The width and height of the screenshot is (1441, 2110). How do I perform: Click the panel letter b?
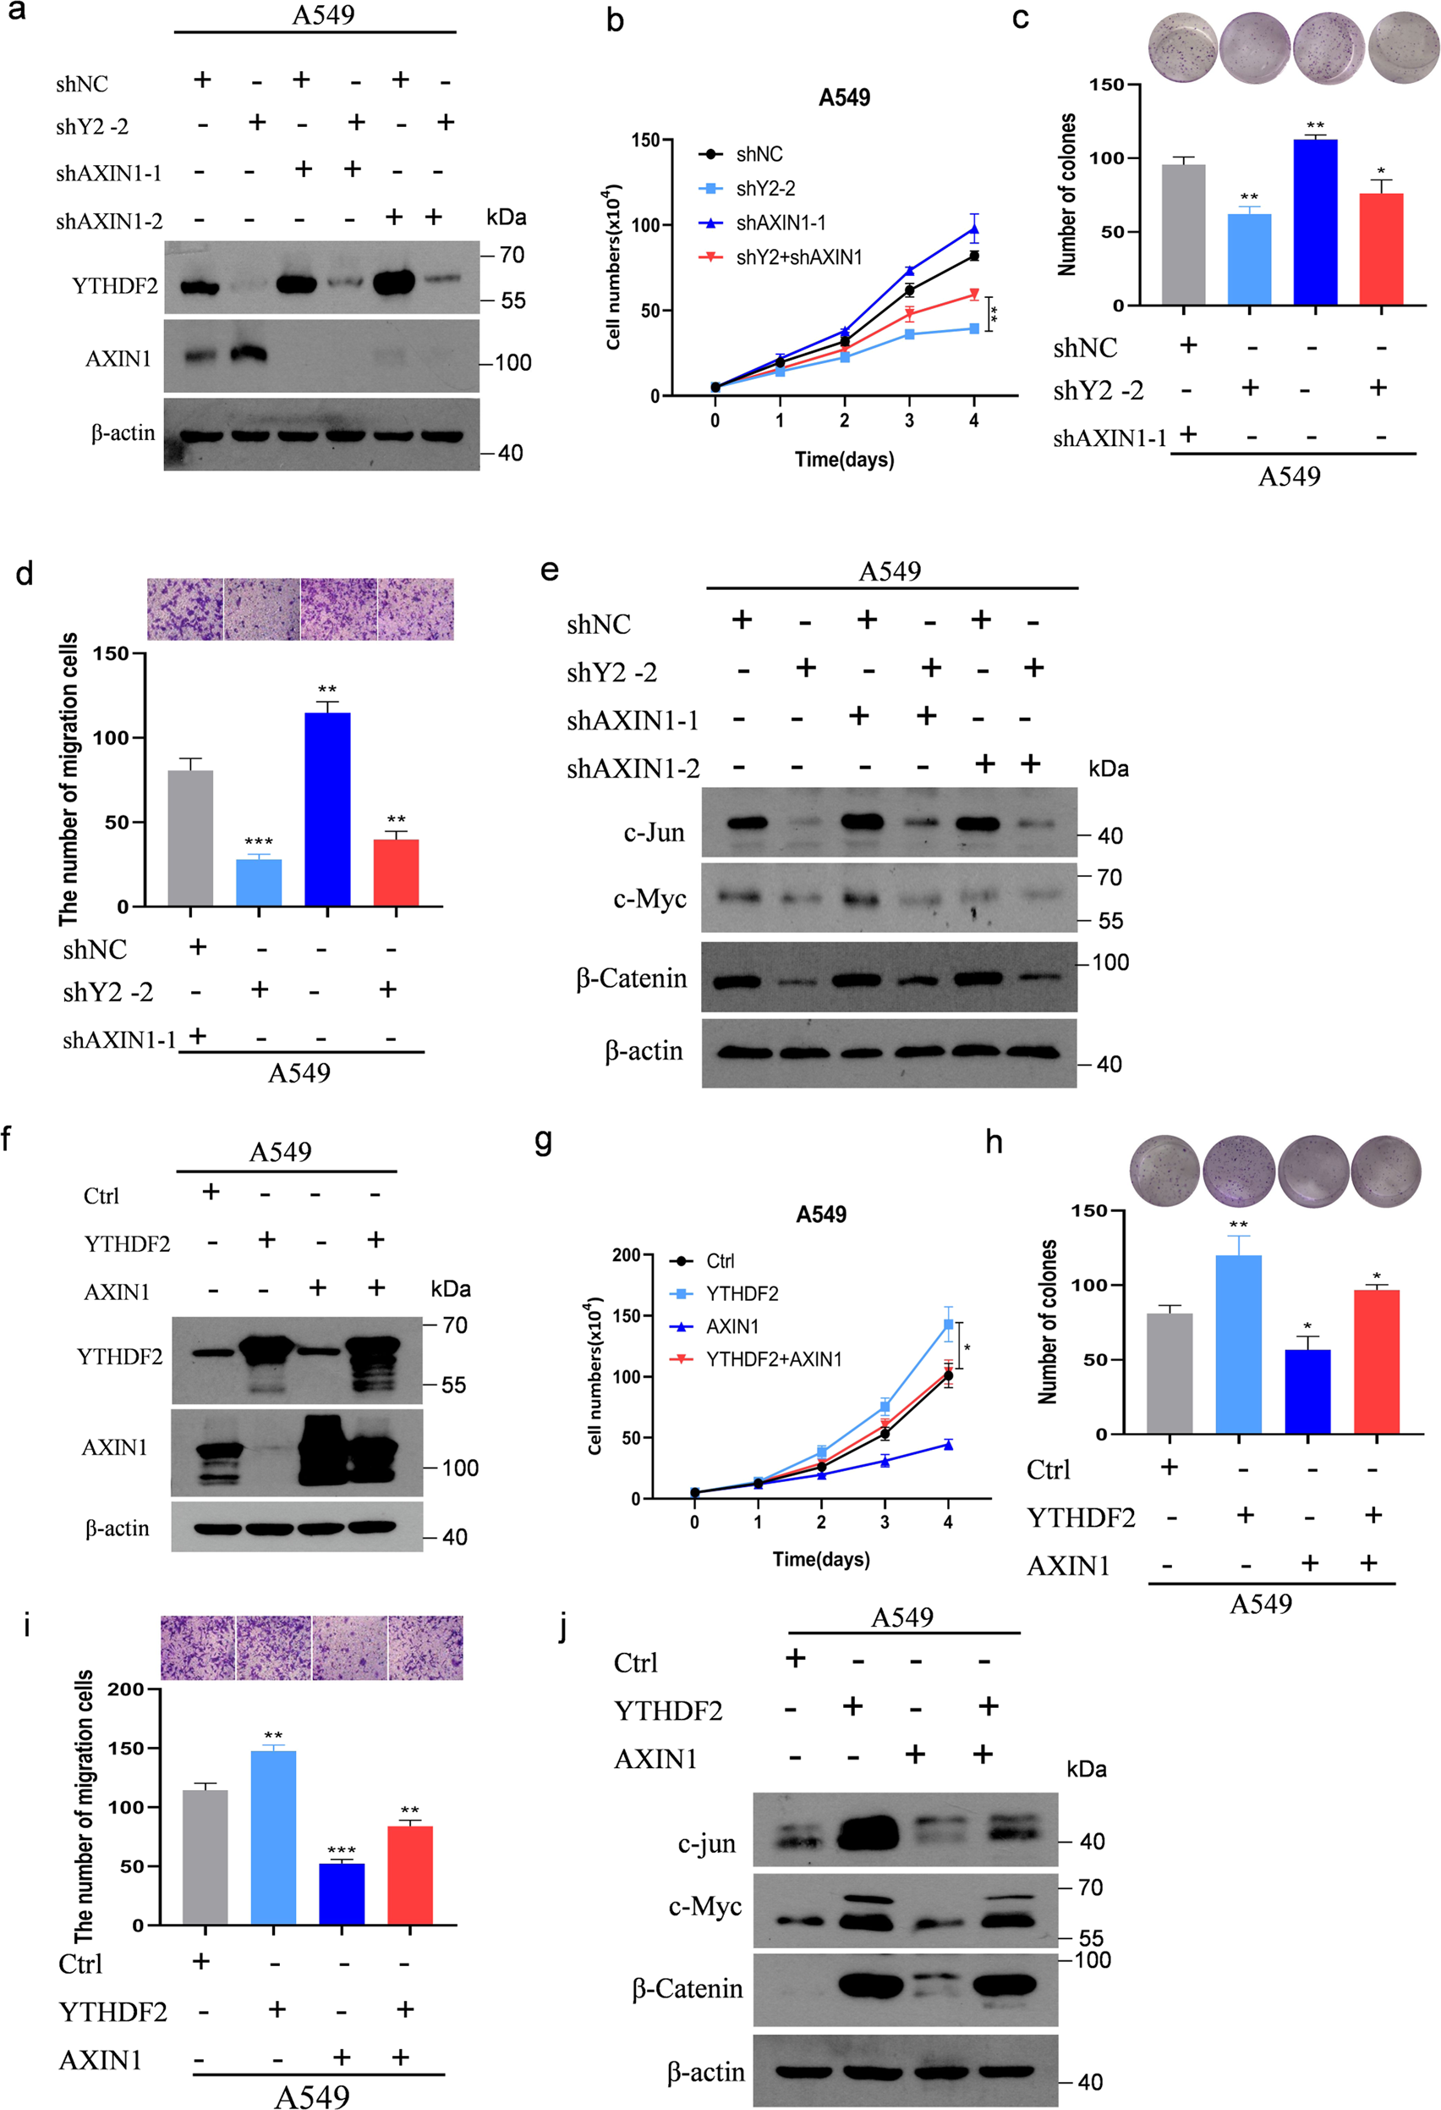616,20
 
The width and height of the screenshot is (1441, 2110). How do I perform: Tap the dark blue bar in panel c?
1315,223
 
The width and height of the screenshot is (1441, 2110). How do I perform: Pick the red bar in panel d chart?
396,873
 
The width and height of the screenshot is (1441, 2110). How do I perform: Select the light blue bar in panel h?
1239,1345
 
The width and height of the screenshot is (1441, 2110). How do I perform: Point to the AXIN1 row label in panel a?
118,359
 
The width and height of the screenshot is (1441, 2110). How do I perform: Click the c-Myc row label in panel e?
649,899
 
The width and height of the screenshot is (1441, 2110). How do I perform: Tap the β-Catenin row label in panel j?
687,1988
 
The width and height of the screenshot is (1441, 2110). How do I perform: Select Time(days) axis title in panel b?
844,460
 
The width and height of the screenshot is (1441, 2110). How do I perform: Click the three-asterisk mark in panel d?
259,842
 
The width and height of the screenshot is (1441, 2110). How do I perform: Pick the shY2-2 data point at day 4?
973,328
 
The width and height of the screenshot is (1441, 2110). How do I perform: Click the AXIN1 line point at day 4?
948,1445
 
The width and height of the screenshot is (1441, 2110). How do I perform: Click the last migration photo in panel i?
425,1647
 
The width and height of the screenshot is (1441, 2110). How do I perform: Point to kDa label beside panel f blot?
450,1289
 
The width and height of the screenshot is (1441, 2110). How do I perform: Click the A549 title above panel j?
901,1617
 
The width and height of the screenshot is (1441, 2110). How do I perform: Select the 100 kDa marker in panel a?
512,363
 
